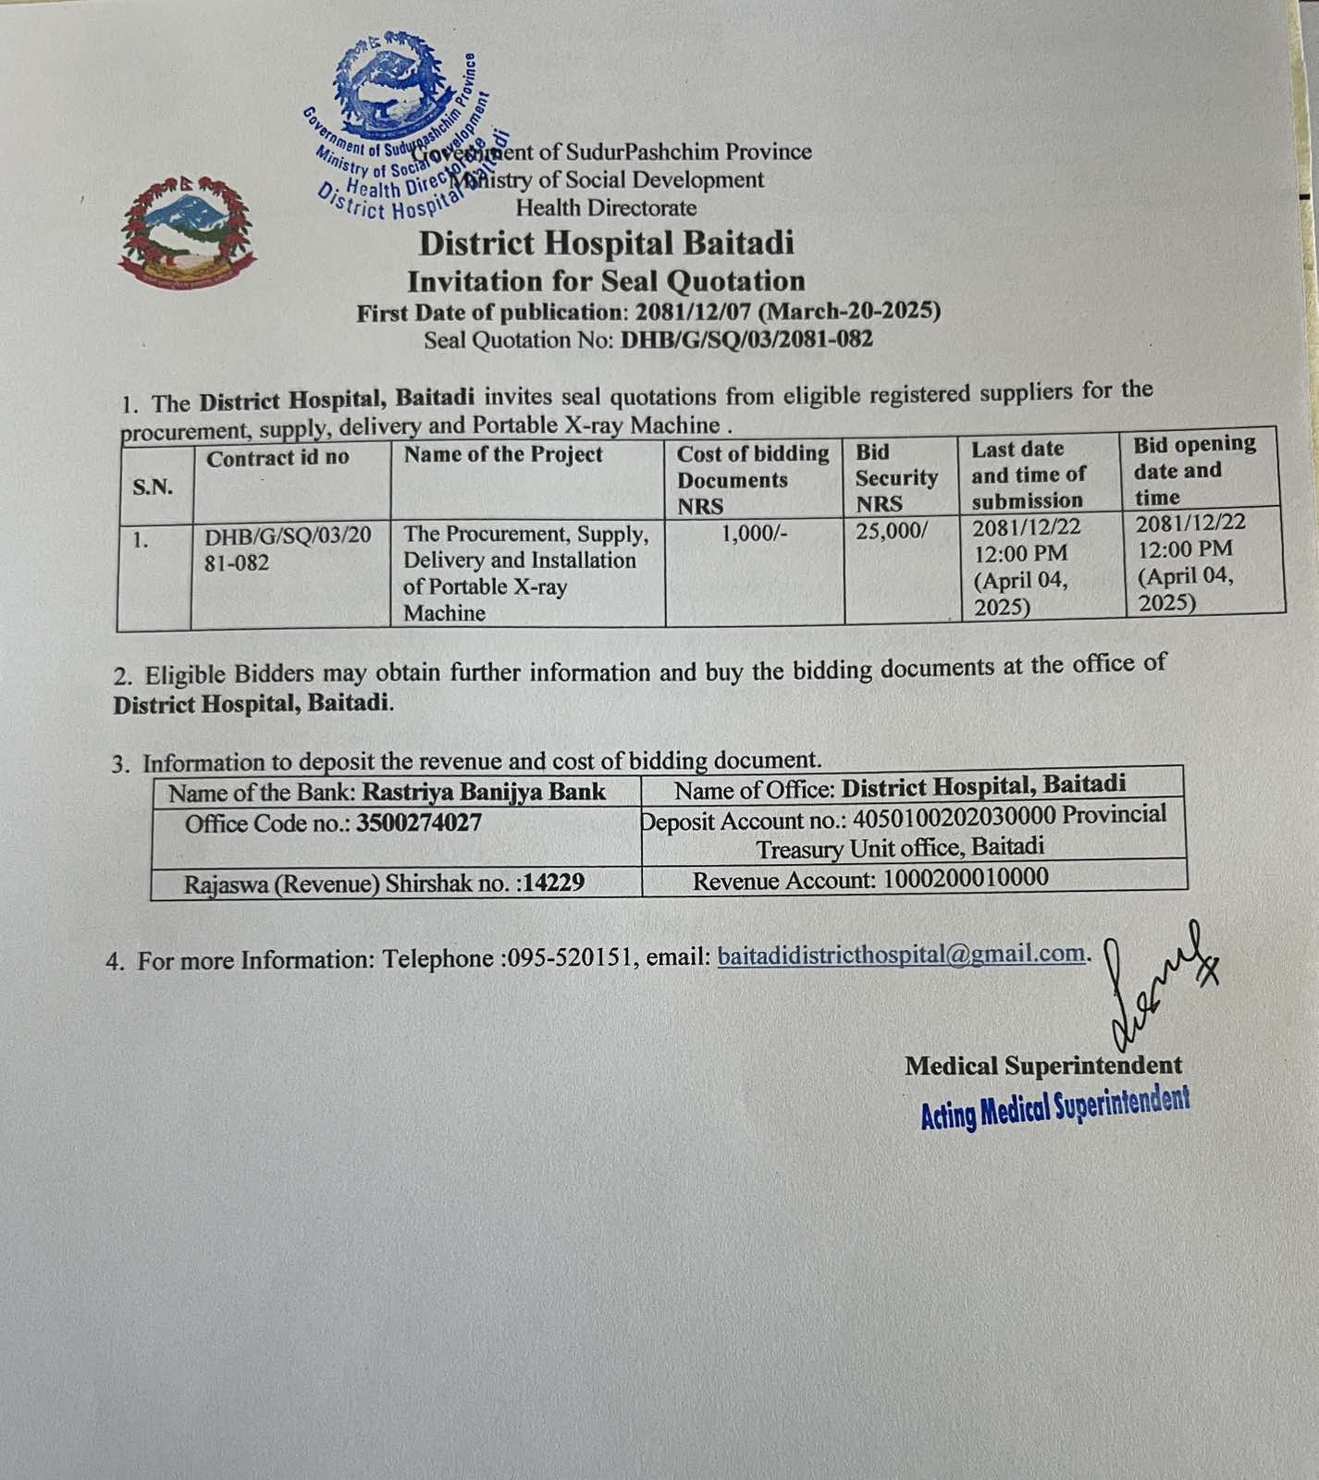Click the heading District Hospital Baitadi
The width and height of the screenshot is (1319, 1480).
[606, 243]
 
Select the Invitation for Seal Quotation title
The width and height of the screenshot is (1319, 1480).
[606, 281]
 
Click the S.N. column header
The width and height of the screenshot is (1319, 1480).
[153, 487]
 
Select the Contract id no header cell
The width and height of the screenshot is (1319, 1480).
[277, 458]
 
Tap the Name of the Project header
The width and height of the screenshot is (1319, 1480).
[502, 454]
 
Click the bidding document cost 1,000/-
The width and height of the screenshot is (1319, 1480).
[754, 533]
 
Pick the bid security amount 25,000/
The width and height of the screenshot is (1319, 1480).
[891, 531]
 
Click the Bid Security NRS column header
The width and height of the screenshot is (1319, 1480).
[895, 477]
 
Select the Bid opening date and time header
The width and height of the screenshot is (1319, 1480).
[1193, 470]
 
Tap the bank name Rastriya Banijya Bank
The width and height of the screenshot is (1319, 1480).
[483, 792]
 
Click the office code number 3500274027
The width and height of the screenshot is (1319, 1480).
[418, 823]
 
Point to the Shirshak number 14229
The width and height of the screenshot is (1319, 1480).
[552, 882]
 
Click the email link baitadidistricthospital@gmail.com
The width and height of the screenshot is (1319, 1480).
[901, 955]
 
